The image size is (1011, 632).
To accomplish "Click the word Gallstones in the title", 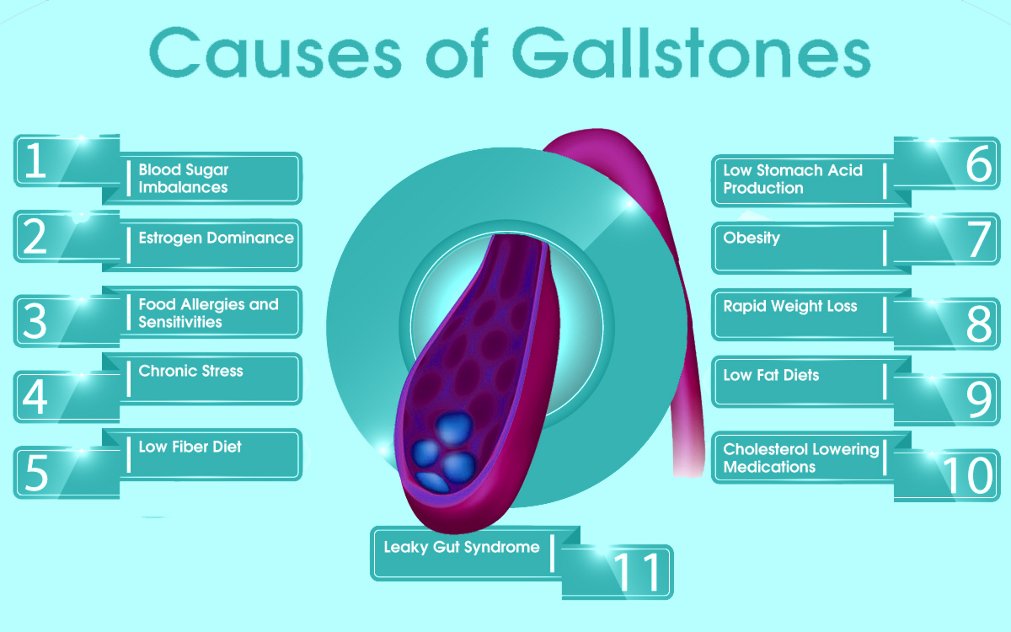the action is (692, 52).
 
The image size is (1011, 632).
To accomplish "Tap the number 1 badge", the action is (67, 161).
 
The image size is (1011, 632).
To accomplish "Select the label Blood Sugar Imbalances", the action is (184, 179).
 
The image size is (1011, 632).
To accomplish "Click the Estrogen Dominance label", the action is (216, 238).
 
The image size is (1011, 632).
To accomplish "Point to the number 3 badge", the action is (67, 321).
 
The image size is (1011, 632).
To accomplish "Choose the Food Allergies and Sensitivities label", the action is (209, 313).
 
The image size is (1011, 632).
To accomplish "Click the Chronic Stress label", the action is (190, 371).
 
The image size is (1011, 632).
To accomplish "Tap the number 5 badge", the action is (67, 473).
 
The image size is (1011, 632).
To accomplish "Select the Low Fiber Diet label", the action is (190, 447).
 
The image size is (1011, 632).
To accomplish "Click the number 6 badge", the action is (946, 163).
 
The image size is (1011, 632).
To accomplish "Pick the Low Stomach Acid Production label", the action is (793, 179).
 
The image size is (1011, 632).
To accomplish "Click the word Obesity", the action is (752, 238).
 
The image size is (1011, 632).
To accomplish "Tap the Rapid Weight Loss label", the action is (790, 306).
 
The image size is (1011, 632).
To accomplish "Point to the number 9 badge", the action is (946, 399).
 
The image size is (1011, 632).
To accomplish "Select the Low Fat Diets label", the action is (771, 375).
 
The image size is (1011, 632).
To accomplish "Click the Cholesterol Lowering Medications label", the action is (801, 458).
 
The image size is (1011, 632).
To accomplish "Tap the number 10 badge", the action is (946, 475).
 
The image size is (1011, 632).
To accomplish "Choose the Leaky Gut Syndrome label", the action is (462, 547).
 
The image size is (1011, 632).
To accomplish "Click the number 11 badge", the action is (618, 572).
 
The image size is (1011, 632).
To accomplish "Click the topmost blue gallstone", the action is (454, 427).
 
